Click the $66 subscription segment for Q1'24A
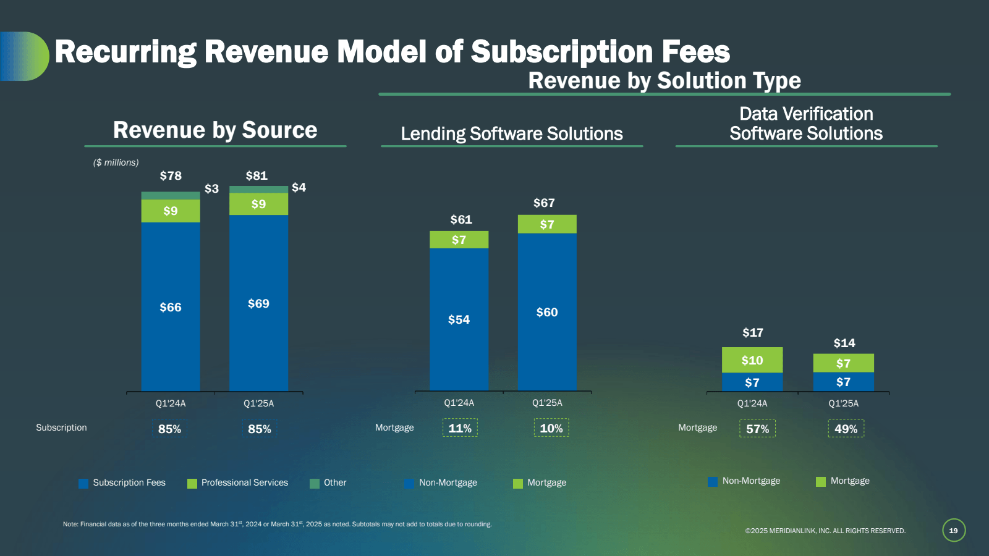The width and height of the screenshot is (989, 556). pos(171,307)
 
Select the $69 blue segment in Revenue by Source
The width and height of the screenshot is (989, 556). pos(258,303)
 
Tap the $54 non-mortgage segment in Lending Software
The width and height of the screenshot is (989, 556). pos(459,319)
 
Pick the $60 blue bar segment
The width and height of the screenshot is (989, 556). pos(547,312)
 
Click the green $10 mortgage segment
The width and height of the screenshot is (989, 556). pos(752,360)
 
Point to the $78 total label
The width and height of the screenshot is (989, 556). pos(171,175)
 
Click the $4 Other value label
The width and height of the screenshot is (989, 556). pos(299,187)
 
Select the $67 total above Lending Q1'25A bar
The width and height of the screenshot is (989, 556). pos(544,203)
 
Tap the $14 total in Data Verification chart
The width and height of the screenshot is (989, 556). pos(844,343)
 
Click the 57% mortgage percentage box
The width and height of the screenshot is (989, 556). pos(757,429)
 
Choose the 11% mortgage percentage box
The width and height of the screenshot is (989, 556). pos(460,428)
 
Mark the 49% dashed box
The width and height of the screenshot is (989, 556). pos(846,429)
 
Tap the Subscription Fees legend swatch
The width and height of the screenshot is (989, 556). pos(83,483)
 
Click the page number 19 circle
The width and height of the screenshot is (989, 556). pos(953,530)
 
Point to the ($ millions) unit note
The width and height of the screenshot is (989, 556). pos(116,162)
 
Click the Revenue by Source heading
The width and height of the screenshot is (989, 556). pos(215,130)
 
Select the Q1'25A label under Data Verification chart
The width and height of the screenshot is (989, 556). pos(843,403)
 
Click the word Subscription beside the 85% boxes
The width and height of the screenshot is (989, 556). pos(61,428)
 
